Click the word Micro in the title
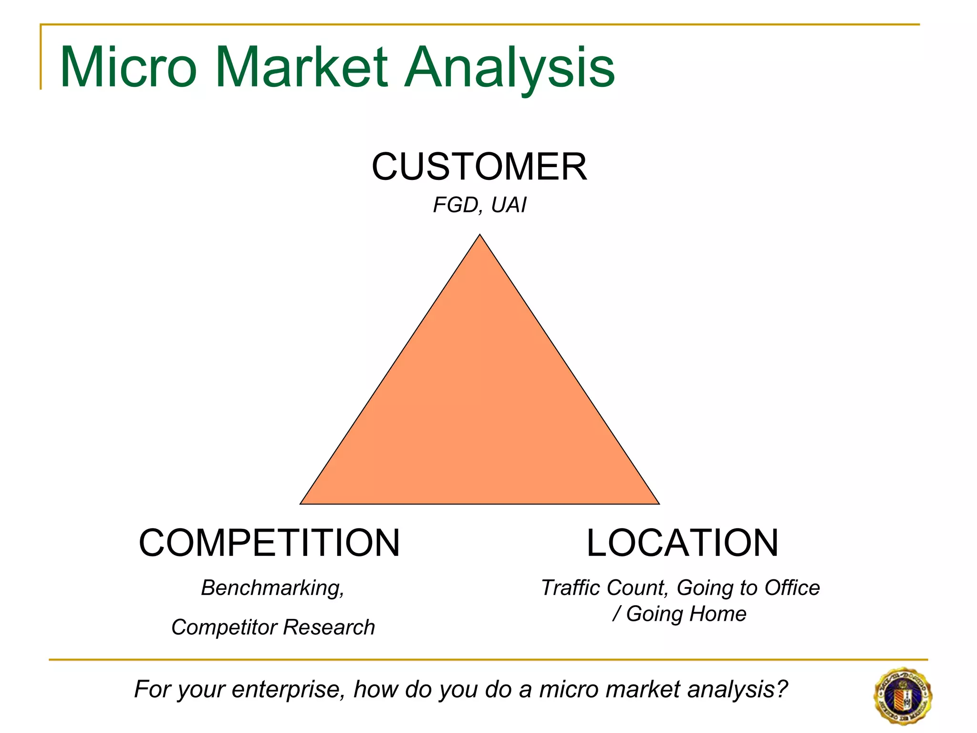point(128,68)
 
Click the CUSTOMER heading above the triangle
point(479,167)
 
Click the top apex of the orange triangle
point(480,236)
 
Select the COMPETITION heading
point(269,543)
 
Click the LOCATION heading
point(682,543)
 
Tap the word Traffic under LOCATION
point(570,588)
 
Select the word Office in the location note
point(792,588)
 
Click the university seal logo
point(903,695)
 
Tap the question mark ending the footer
point(781,689)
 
